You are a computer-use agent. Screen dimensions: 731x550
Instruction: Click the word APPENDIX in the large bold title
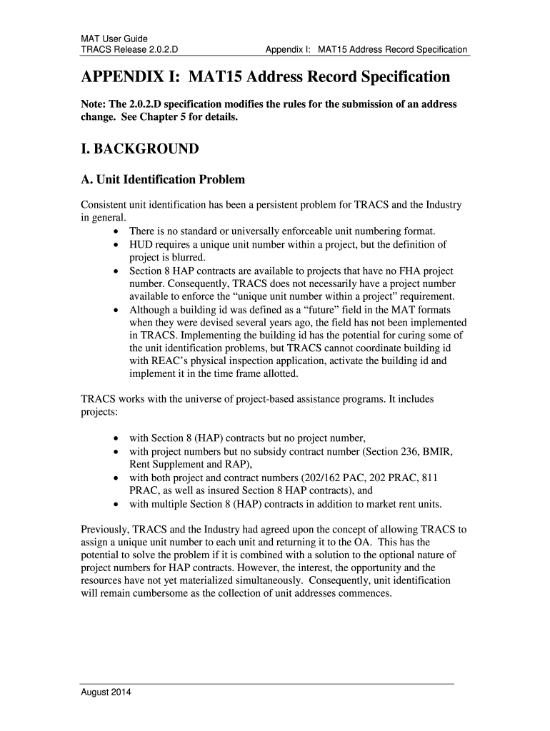(120, 76)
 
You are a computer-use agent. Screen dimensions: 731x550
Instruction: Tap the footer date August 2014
(105, 692)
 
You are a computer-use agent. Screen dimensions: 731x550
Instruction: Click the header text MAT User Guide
(114, 38)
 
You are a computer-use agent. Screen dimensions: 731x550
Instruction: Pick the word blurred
(187, 258)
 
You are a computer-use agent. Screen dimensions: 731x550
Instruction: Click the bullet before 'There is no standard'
(116, 231)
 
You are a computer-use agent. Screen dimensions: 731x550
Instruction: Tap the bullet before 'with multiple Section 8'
(116, 504)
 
